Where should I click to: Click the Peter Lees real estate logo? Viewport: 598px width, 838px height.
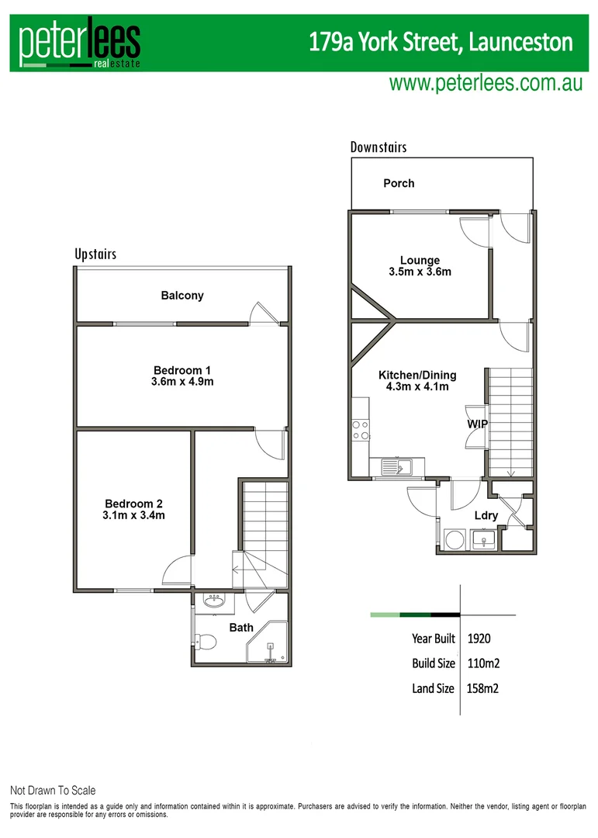pyautogui.click(x=80, y=43)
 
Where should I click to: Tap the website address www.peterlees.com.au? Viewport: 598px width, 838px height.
pyautogui.click(x=486, y=84)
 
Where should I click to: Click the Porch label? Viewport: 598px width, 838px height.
pyautogui.click(x=399, y=184)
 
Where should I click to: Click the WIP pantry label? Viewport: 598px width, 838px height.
pyautogui.click(x=475, y=425)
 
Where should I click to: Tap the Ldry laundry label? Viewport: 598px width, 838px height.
pyautogui.click(x=486, y=516)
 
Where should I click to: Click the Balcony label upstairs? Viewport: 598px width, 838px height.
pyautogui.click(x=182, y=296)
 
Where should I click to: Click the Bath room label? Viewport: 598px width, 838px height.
pyautogui.click(x=240, y=627)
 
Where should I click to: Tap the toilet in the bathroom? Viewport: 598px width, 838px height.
pyautogui.click(x=205, y=641)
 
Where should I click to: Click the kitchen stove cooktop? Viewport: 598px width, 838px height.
pyautogui.click(x=361, y=430)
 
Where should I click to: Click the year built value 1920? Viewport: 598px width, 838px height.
pyautogui.click(x=479, y=639)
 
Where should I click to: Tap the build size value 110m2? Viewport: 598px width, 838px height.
pyautogui.click(x=484, y=663)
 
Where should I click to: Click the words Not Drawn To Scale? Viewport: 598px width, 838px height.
pyautogui.click(x=53, y=791)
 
